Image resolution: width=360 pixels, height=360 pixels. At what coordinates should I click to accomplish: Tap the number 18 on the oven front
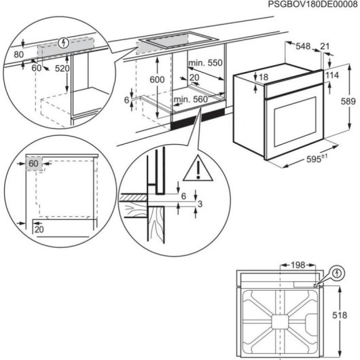(264, 77)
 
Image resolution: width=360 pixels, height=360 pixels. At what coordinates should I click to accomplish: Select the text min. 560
(190, 101)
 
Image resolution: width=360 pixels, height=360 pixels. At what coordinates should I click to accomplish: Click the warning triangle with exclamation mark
(202, 168)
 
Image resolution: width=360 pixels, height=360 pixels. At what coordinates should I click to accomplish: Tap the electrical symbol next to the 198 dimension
(338, 273)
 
